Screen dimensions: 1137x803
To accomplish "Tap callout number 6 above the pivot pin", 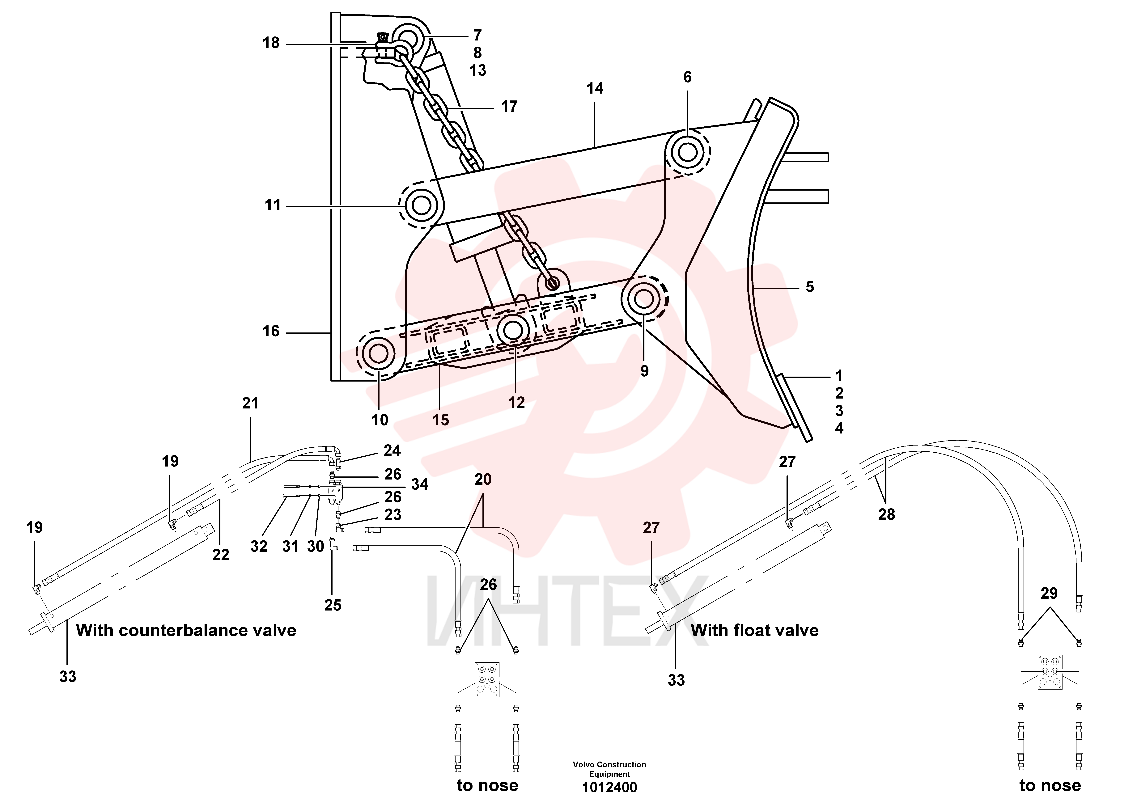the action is point(687,77).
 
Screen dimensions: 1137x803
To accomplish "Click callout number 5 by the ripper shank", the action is point(810,287).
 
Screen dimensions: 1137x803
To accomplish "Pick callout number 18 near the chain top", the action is point(271,43).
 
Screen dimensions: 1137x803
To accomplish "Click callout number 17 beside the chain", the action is point(509,106).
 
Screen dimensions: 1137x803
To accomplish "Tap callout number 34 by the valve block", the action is point(419,484).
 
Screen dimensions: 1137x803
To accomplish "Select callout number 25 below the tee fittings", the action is point(333,605).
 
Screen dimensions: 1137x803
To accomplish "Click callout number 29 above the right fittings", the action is point(1049,593).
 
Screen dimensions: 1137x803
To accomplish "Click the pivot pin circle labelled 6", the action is point(687,152).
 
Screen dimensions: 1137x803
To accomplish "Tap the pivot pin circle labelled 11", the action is point(421,205).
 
